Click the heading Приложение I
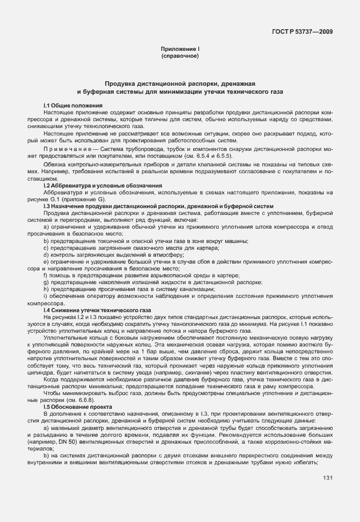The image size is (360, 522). click(179, 50)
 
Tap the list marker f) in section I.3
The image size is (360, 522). click(45, 275)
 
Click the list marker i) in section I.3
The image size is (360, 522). click(45, 296)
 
